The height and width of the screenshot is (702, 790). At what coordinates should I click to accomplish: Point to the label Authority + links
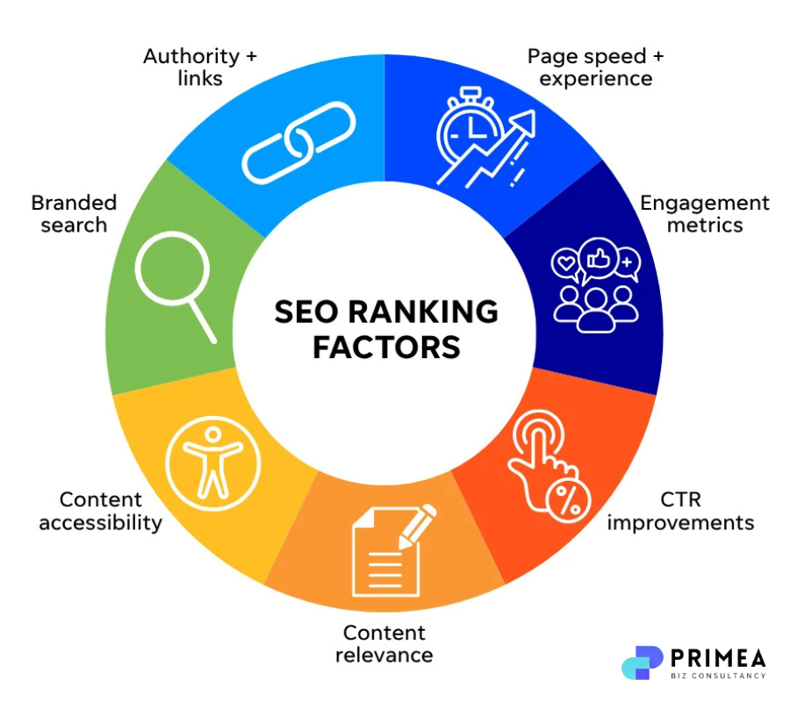click(201, 67)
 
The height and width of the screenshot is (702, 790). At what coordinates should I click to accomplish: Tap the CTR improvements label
click(680, 511)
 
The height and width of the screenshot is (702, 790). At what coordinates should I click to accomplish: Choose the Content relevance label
click(384, 643)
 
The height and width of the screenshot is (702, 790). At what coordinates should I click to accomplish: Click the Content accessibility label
click(100, 511)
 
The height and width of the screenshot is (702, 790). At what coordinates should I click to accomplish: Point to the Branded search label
click(74, 213)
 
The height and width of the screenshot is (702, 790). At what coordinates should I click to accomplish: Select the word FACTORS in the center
click(386, 347)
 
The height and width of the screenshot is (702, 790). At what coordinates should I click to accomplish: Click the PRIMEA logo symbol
click(642, 663)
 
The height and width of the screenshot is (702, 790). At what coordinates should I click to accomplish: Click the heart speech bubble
click(565, 261)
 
